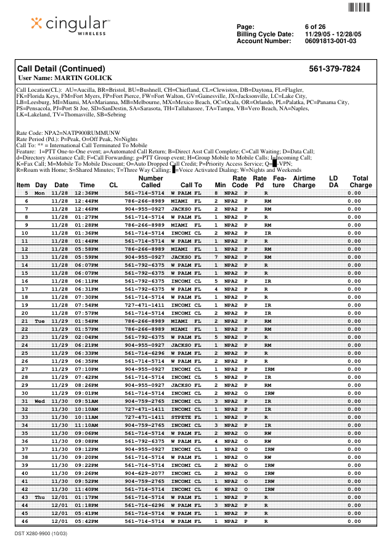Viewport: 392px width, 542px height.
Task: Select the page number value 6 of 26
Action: tap(315, 27)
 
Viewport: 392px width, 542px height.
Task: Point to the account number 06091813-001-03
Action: tap(330, 41)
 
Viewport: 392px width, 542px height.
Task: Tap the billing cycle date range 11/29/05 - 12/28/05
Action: tap(333, 34)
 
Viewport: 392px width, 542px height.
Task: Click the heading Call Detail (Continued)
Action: tap(61, 68)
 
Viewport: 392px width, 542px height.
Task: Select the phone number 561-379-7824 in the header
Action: tap(334, 68)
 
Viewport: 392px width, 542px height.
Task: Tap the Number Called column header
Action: tap(150, 181)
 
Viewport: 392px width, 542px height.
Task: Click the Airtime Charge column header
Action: tap(304, 181)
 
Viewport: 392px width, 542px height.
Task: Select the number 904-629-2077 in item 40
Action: tap(144, 473)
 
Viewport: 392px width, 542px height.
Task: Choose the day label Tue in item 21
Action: tap(40, 321)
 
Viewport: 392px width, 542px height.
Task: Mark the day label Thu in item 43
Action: tap(40, 497)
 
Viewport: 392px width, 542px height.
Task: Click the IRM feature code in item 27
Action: tap(269, 369)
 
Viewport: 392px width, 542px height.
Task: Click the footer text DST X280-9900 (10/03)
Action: tap(41, 533)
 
